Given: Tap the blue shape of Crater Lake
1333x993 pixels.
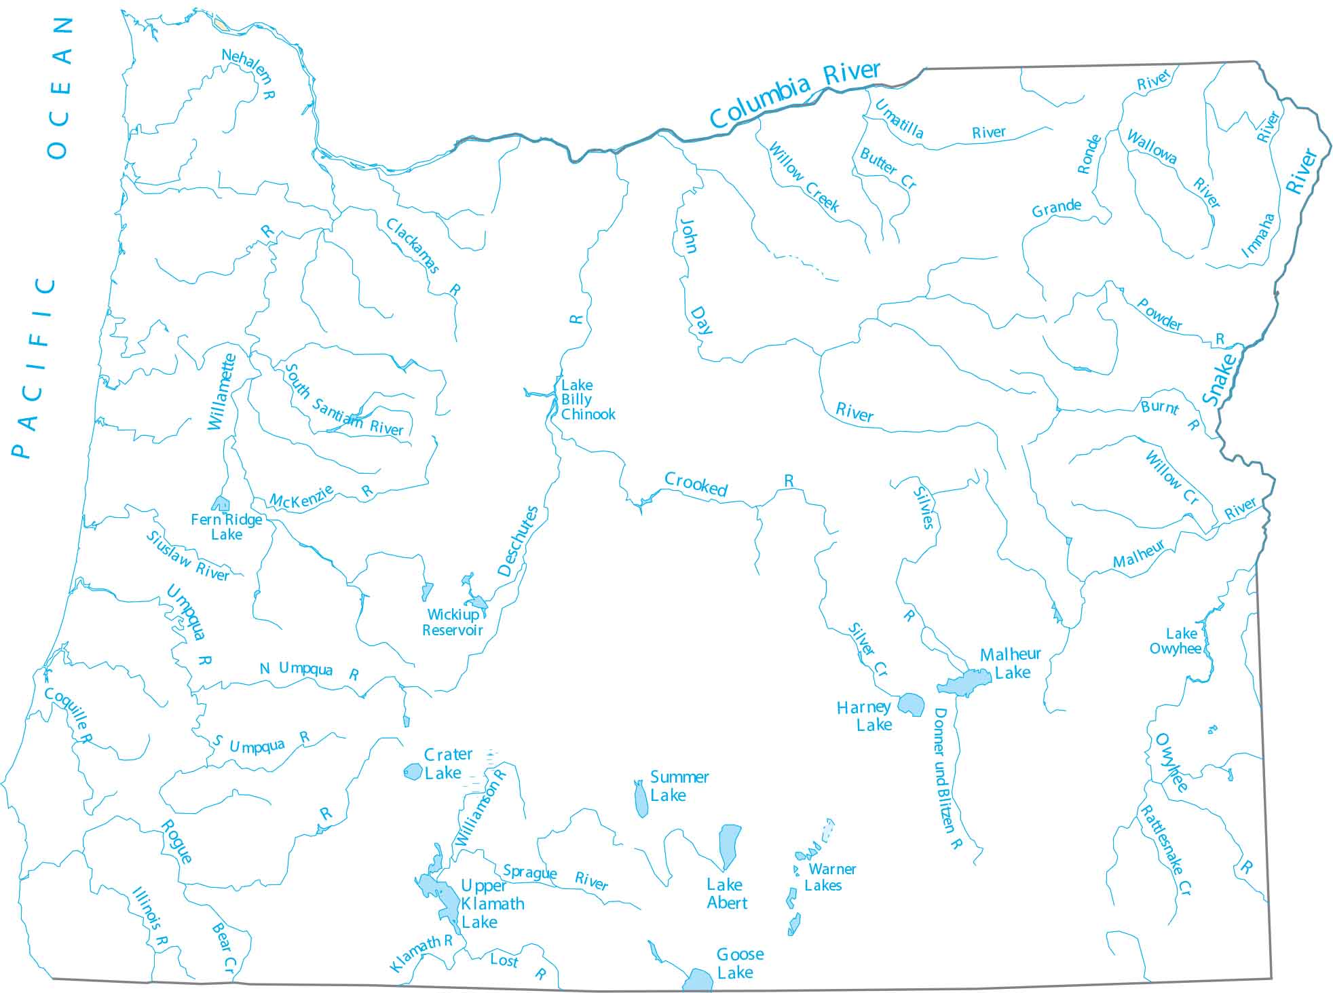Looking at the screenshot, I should coord(413,772).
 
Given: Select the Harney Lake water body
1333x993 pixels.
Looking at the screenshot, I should coord(911,705).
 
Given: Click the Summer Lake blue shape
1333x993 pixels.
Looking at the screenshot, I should coord(640,800).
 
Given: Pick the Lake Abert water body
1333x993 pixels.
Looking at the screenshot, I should coord(730,845).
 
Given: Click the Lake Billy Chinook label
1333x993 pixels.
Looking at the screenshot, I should coord(587,400).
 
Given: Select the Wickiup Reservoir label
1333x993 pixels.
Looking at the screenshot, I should coord(453,622).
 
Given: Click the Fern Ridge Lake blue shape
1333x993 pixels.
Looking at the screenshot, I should coord(221,504).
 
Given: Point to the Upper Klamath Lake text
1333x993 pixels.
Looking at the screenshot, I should coord(491,904).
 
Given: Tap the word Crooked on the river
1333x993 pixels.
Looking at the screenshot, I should coord(696,484).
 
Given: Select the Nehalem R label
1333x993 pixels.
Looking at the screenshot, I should coord(249,73).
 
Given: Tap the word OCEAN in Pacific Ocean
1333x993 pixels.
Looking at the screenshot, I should coord(60,88).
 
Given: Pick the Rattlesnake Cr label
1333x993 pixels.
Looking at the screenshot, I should coord(1165,850).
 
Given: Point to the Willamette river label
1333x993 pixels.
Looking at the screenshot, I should coord(222,392).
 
